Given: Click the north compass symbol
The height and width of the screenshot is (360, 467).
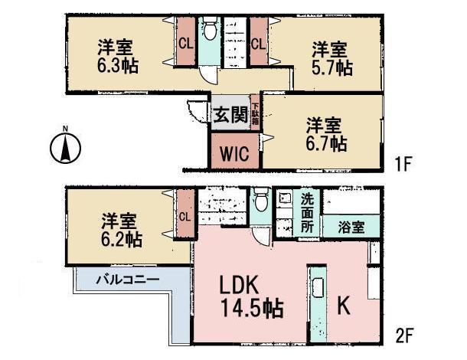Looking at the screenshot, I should tap(67, 146).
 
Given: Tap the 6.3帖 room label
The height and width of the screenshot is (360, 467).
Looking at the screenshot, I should tap(118, 57).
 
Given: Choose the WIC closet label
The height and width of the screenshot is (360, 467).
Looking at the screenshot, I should tap(235, 153).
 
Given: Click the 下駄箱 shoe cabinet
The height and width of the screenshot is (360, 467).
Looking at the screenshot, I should tap(254, 116).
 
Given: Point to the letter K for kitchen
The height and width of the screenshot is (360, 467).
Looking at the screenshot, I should tap(345, 305).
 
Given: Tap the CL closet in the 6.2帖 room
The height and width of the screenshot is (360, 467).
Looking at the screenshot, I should tap(185, 217).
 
